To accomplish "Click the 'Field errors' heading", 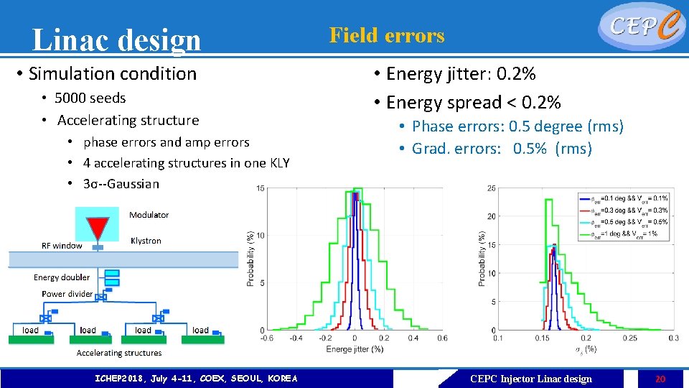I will click(387, 35).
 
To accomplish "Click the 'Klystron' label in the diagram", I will click(146, 241).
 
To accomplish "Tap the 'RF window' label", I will click(62, 246).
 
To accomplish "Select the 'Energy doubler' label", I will click(62, 277).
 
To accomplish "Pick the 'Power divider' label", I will click(67, 294).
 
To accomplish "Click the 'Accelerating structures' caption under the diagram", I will click(119, 353).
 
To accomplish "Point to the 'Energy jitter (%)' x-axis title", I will click(354, 349).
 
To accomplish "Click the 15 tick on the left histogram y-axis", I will click(261, 188).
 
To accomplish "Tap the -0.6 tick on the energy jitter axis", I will click(266, 338).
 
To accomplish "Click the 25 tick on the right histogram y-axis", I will click(490, 188).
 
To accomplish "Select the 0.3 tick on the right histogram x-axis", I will click(672, 338).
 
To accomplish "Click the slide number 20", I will click(660, 379).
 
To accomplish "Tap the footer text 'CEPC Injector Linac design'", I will click(530, 379).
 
